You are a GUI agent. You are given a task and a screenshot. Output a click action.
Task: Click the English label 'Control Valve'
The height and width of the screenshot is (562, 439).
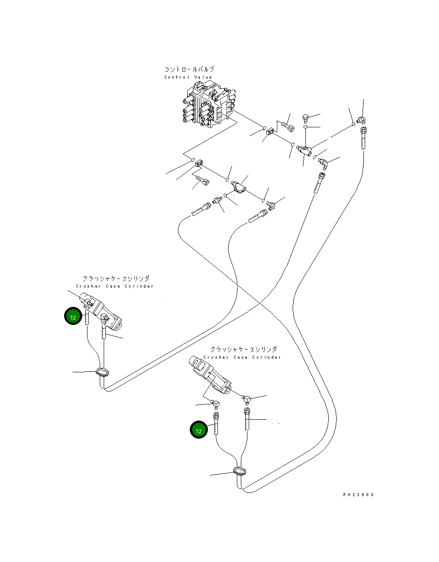tap(188, 77)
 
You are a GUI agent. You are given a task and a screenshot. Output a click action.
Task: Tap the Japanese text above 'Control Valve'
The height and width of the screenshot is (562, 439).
tap(189, 69)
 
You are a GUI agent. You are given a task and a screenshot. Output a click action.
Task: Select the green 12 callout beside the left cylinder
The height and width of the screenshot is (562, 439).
tap(73, 316)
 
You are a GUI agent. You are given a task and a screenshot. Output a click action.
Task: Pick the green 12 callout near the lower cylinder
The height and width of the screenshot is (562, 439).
tap(199, 429)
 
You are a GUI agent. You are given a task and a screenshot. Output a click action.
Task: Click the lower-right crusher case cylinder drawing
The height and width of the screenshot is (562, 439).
tap(210, 375)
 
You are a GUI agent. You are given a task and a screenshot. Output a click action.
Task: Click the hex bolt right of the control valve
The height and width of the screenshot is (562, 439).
tap(305, 119)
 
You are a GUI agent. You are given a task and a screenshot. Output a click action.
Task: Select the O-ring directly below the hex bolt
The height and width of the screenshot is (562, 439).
tap(305, 127)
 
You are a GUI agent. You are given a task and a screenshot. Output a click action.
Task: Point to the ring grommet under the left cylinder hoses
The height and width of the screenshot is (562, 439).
tap(102, 373)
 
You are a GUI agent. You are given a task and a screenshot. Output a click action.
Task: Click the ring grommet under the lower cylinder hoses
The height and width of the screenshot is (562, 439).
tap(240, 470)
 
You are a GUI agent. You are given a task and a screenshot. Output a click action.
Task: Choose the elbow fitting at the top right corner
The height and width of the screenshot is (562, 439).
tap(361, 120)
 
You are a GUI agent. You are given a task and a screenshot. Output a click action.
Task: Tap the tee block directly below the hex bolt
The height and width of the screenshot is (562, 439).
tap(305, 150)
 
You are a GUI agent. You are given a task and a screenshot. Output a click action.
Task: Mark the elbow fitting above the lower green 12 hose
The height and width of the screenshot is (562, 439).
tap(215, 404)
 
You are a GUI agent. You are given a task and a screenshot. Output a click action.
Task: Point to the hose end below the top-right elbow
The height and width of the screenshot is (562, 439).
tap(364, 138)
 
